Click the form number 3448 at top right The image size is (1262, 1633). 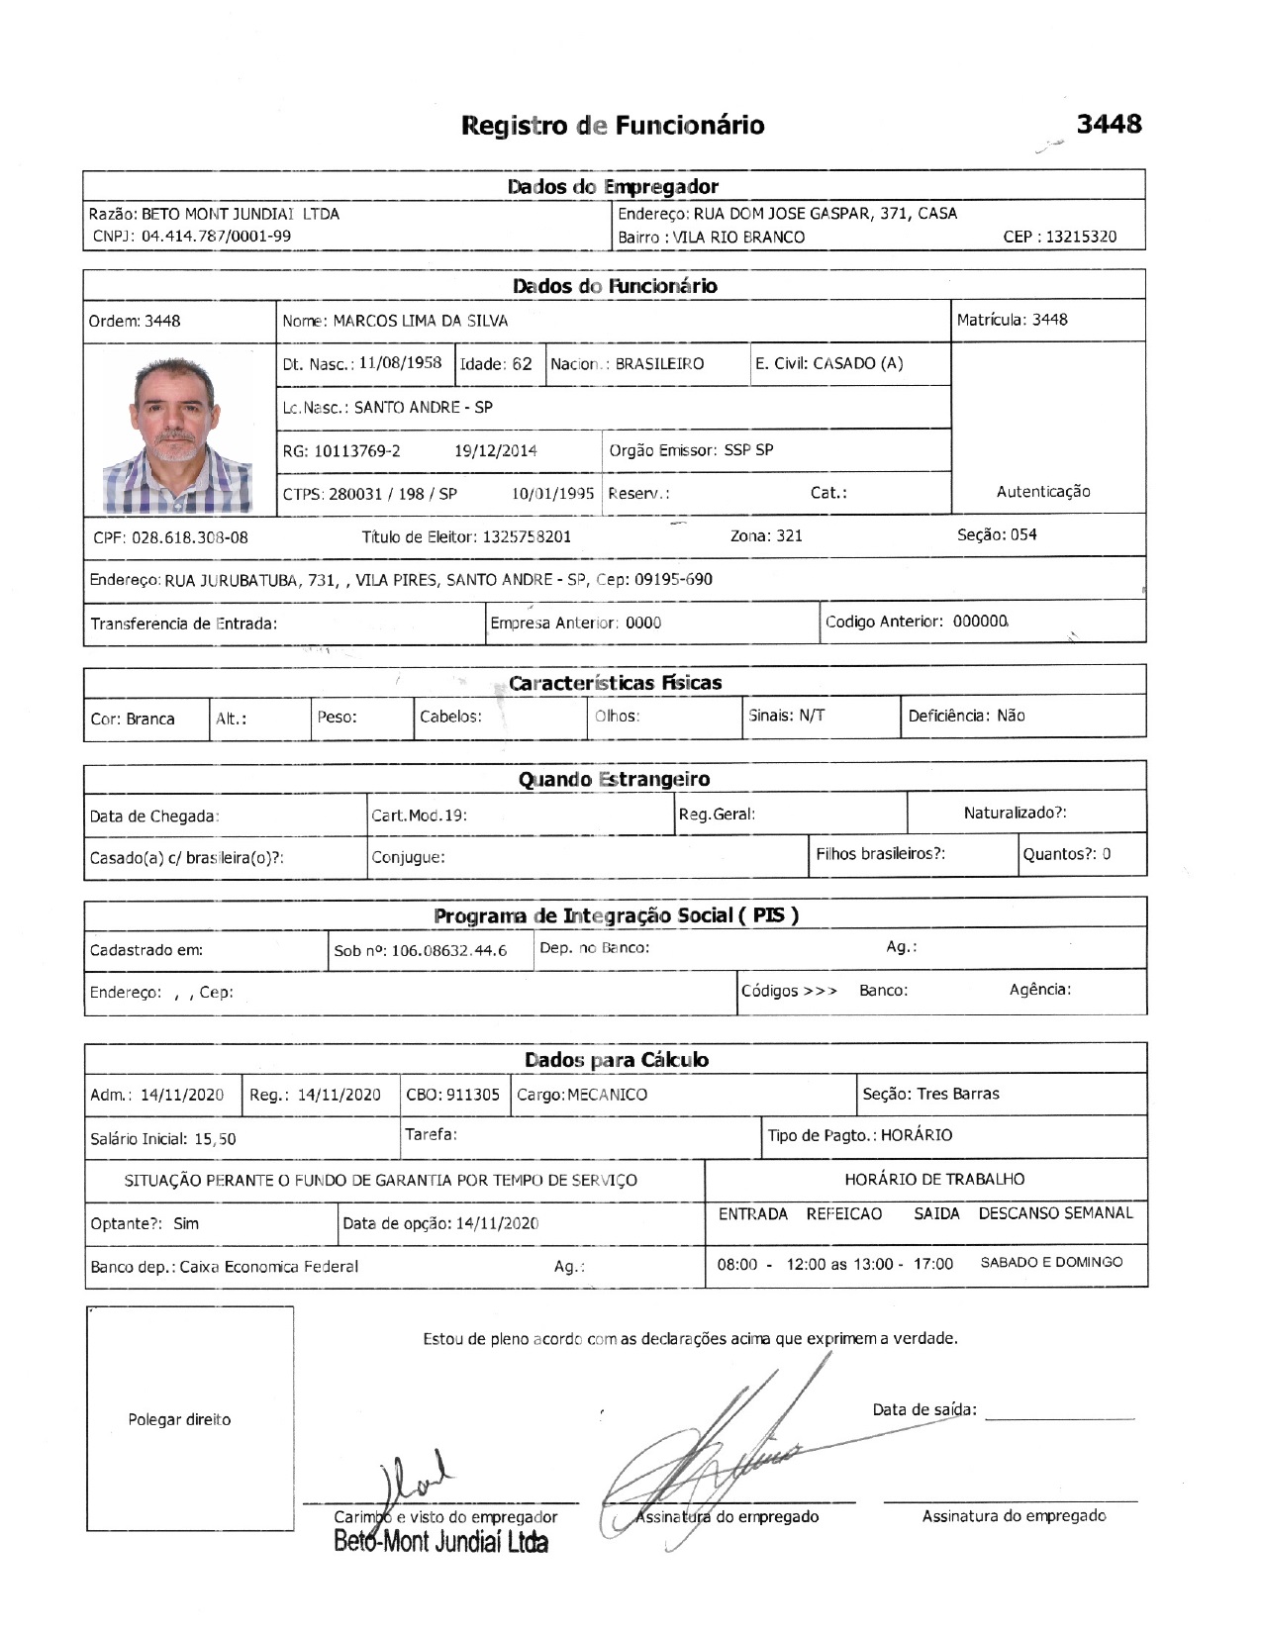[x=1109, y=125]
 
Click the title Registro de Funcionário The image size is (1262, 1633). [x=613, y=126]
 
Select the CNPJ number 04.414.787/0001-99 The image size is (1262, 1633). [x=216, y=237]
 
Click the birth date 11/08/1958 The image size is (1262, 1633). [x=400, y=363]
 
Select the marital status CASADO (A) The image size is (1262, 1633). [x=857, y=363]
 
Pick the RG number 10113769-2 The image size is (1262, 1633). [x=356, y=451]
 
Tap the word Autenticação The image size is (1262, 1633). [x=1042, y=492]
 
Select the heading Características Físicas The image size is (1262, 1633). [x=615, y=683]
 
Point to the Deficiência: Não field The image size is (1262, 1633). [x=966, y=716]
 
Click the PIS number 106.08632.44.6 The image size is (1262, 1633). [x=449, y=951]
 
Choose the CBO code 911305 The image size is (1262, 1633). [x=472, y=1095]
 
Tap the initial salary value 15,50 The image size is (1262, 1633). [x=215, y=1139]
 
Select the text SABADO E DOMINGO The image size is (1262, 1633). [x=1051, y=1263]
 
